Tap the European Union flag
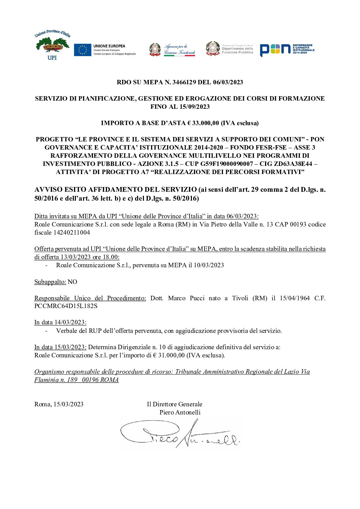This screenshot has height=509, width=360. pyautogui.click(x=82, y=50)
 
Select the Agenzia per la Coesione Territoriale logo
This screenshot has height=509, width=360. pyautogui.click(x=172, y=50)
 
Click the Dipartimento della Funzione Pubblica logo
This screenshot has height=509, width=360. pyautogui.click(x=229, y=49)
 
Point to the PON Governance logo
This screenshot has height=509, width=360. pyautogui.click(x=287, y=50)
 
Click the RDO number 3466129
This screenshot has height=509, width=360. pyautogui.click(x=186, y=82)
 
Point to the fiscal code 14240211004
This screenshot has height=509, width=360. pyautogui.click(x=72, y=233)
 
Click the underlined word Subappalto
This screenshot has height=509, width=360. pyautogui.click(x=50, y=282)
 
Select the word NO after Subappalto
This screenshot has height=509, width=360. pyautogui.click(x=72, y=282)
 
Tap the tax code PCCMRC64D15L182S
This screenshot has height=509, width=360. pyautogui.click(x=66, y=306)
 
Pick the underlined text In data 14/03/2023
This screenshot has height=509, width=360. pyautogui.click(x=60, y=322)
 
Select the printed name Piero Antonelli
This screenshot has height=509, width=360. pyautogui.click(x=180, y=412)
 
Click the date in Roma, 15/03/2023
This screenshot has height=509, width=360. pyautogui.click(x=68, y=404)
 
